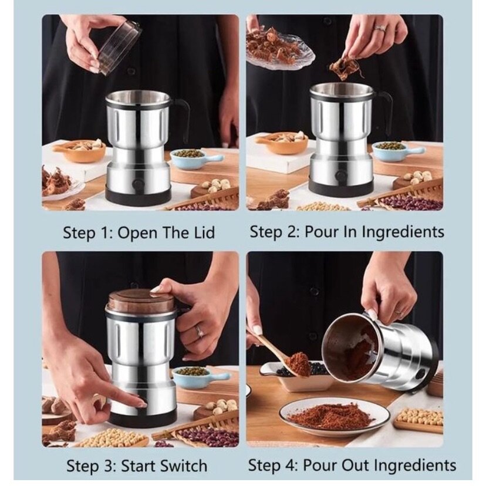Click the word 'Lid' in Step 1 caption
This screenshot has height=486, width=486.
(201, 232)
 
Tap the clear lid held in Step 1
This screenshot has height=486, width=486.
(119, 47)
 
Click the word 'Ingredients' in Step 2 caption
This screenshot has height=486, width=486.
(403, 232)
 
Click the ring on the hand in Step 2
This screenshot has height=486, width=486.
(380, 28)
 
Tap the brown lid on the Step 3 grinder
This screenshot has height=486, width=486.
(140, 301)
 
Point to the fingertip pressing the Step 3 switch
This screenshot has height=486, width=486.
(141, 404)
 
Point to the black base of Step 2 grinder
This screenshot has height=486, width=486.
(340, 188)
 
